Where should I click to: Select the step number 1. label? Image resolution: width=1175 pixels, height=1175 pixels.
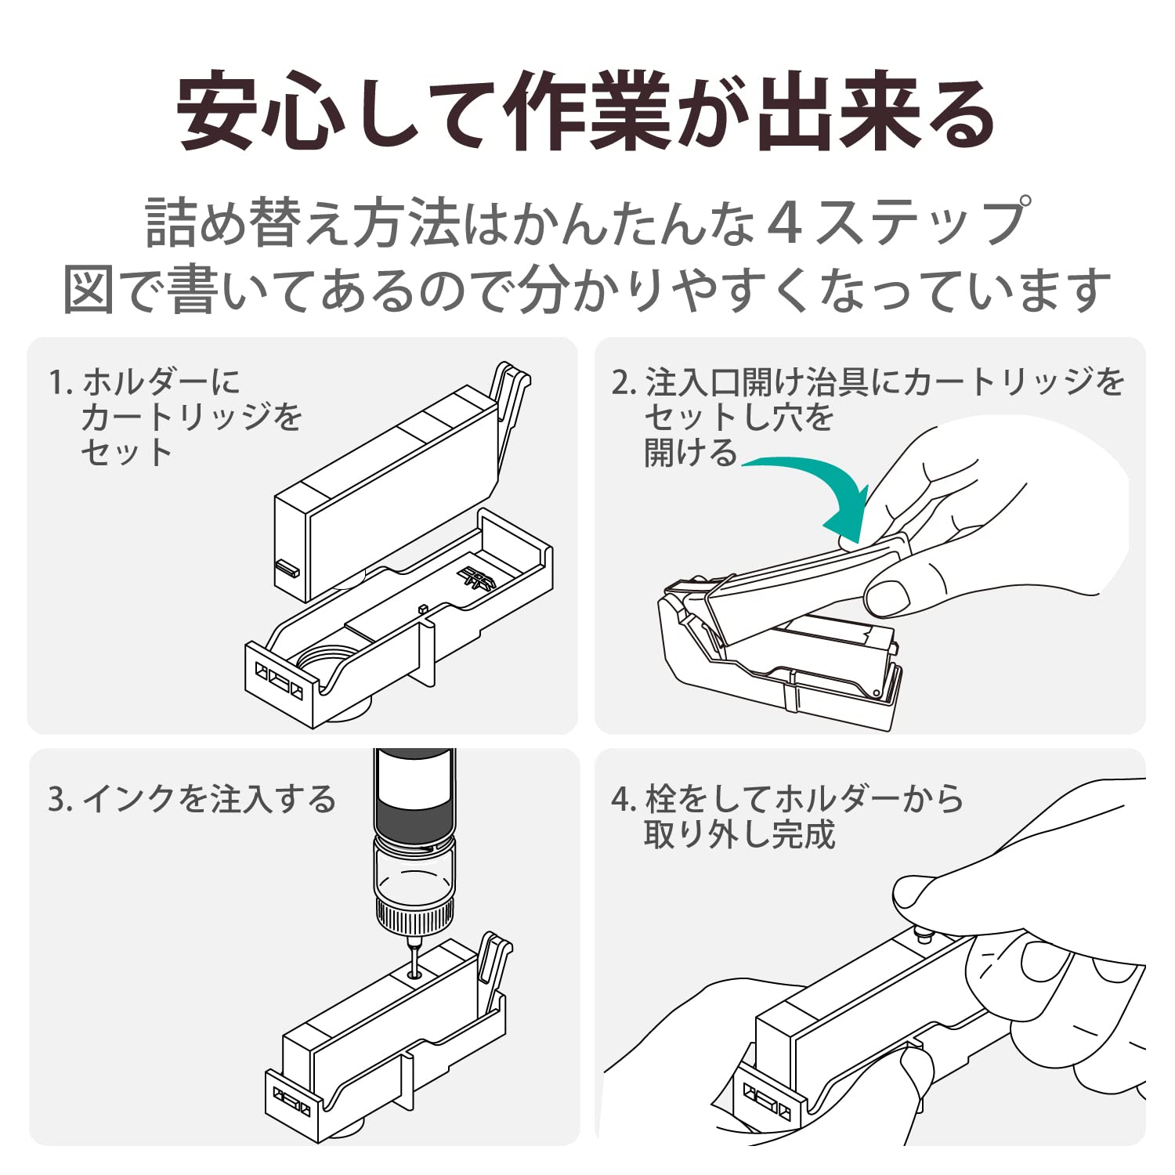60,383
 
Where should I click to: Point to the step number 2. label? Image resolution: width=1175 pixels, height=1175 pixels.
624,383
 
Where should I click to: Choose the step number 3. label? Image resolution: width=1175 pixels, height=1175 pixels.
60,800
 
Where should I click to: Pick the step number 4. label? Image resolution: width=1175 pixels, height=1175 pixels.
624,800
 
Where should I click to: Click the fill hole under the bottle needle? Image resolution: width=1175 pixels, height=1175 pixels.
414,975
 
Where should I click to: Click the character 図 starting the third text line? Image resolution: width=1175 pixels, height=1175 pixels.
89,290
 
